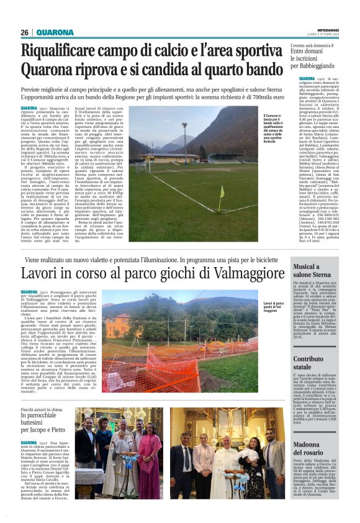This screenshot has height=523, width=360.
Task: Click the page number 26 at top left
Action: point(25,32)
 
